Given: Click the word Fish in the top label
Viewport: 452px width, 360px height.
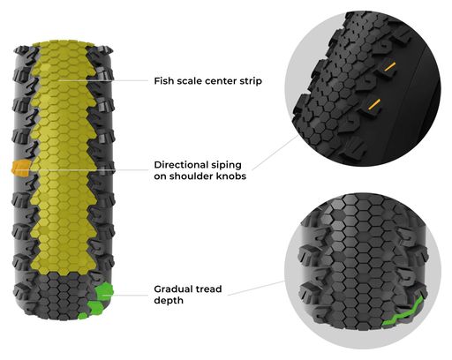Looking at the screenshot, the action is (162, 81).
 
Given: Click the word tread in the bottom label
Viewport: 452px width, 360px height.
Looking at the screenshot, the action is (209, 289).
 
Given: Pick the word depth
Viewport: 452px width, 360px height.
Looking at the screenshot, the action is (169, 301).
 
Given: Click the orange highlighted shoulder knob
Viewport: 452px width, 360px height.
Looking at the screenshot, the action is (20, 169).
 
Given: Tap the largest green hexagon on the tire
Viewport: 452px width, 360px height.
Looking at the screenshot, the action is (104, 291).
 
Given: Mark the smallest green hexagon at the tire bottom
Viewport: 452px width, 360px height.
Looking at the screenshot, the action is (83, 316).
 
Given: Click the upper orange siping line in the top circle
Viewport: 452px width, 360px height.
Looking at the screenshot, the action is (389, 67).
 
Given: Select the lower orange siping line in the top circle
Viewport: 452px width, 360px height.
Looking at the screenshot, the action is (374, 104).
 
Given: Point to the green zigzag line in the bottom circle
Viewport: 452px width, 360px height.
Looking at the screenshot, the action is (403, 312).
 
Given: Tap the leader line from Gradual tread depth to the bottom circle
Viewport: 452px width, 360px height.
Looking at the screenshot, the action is (256, 288).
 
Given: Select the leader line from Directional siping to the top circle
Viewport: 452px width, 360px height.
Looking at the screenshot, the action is (275, 153).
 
